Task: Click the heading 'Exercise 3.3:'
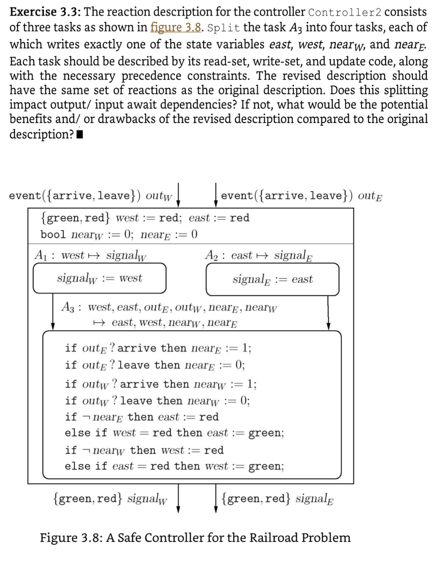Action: pos(45,12)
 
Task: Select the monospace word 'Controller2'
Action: pos(344,12)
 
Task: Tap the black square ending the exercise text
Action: pos(80,135)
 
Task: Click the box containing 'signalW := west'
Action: pos(99,278)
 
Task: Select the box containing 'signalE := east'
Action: pos(272,279)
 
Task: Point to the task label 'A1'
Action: pos(40,255)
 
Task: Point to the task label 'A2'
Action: pos(211,255)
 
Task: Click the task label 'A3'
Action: pos(67,307)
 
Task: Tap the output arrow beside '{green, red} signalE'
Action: pos(216,499)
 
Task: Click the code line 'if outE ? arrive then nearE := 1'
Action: pos(158,348)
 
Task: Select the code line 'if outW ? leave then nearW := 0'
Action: pos(157,401)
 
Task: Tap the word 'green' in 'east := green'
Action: pos(266,433)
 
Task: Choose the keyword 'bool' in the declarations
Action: pos(53,235)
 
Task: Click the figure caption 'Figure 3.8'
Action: pos(195,537)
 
